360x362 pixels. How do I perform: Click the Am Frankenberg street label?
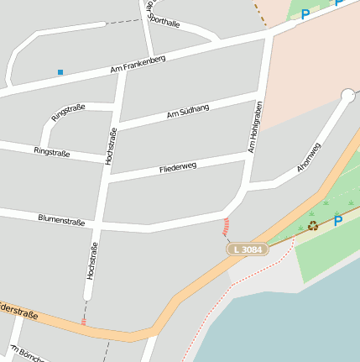tap(138, 66)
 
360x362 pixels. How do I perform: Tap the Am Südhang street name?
tap(187, 110)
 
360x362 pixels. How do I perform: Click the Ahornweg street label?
tap(309, 158)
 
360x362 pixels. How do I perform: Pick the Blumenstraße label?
tap(61, 220)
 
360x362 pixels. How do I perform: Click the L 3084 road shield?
tap(248, 249)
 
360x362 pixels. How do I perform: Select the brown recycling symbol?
tap(313, 225)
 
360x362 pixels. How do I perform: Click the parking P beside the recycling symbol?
tap(337, 221)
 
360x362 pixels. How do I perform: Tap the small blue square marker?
tap(60, 72)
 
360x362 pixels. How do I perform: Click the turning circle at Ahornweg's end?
tap(348, 95)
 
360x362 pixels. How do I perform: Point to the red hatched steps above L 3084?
tap(226, 227)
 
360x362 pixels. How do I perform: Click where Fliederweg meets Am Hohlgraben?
tap(250, 154)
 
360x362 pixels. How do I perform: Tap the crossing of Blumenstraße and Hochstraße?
tap(102, 223)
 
